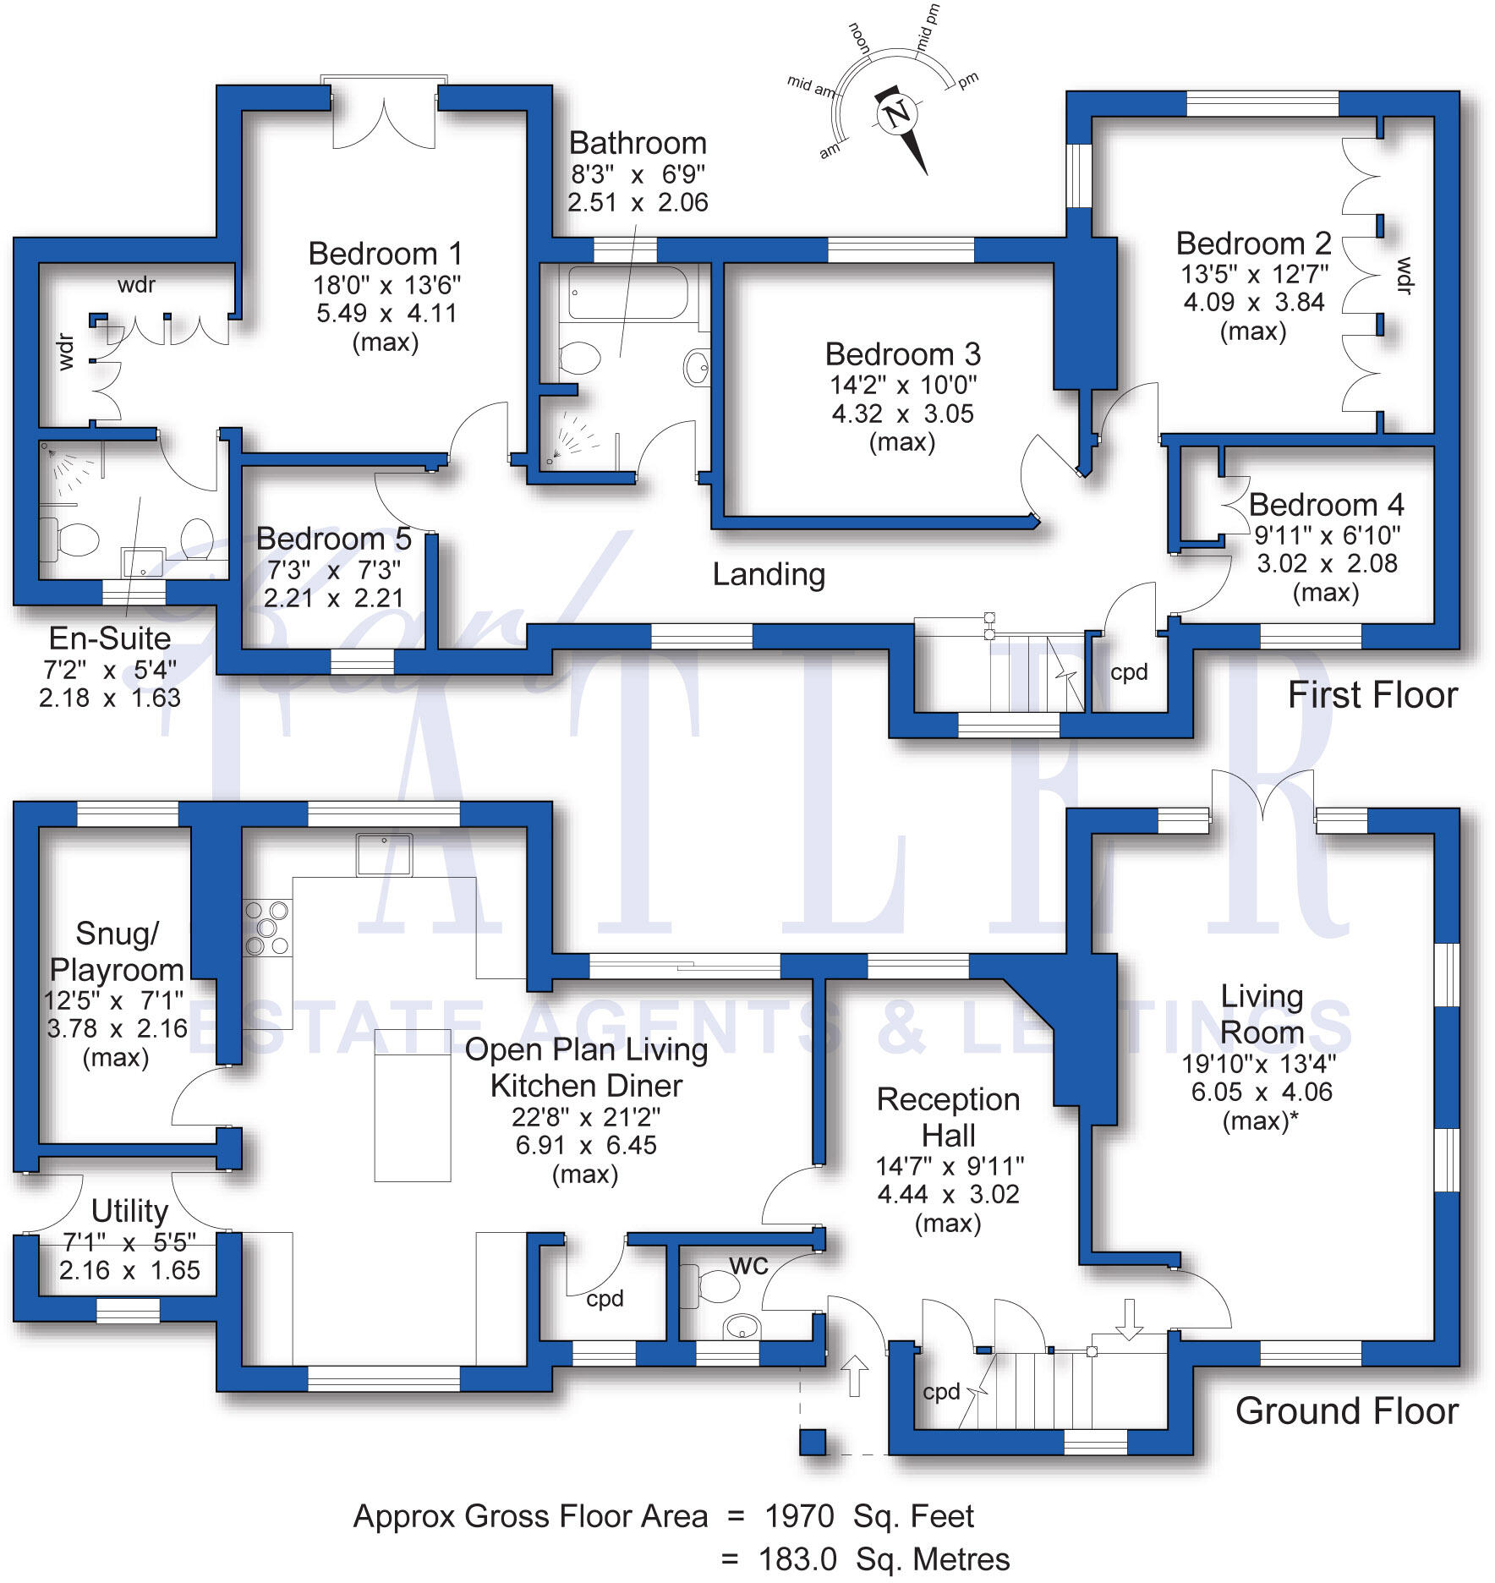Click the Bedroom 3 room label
[x=902, y=353]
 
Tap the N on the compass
[x=898, y=112]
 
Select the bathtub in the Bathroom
[x=627, y=293]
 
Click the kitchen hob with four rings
[x=266, y=928]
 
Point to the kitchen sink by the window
[x=384, y=854]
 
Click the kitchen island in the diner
[x=413, y=1104]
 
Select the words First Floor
[x=1372, y=695]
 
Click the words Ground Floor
[x=1346, y=1410]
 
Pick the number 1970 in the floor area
[x=799, y=1516]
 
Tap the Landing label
[x=769, y=574]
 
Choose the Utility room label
[x=129, y=1211]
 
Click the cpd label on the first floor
[x=1129, y=672]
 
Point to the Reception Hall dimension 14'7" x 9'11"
[x=949, y=1166]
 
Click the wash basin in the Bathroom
[x=697, y=367]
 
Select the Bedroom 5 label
[x=333, y=539]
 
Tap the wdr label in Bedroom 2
[x=1403, y=276]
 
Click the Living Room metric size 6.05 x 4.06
[x=1261, y=1092]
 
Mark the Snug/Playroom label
[x=117, y=951]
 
